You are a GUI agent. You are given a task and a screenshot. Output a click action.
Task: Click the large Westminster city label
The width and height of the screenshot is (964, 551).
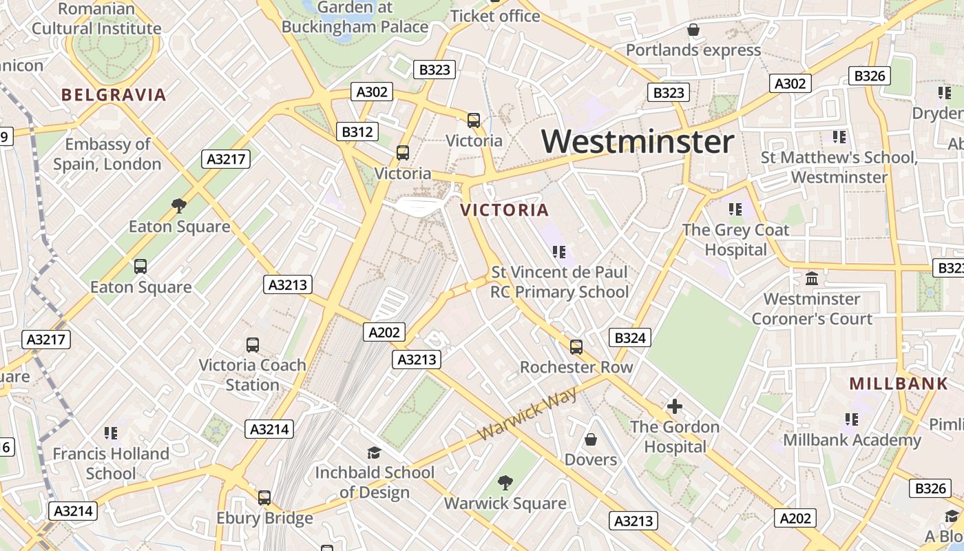(638, 142)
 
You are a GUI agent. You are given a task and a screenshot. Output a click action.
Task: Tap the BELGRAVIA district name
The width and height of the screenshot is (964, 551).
(114, 95)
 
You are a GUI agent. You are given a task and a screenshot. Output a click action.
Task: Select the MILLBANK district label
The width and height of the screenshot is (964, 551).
(899, 384)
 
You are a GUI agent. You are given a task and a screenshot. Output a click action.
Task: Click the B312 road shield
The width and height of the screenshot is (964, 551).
(357, 132)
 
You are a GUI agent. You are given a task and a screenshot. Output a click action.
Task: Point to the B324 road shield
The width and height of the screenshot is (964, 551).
(629, 337)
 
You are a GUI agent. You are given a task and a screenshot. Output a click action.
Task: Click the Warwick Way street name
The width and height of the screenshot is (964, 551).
(528, 413)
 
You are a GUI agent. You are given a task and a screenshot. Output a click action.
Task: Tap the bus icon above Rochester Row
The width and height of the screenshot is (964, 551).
(576, 347)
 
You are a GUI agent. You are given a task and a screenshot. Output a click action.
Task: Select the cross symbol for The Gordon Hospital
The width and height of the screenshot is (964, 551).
(675, 406)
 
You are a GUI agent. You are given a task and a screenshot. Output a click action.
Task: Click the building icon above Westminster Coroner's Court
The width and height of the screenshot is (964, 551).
(812, 279)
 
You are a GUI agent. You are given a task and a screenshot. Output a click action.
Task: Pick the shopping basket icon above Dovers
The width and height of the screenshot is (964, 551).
(591, 439)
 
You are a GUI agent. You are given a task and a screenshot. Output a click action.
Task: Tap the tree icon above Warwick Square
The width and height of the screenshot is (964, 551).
(505, 482)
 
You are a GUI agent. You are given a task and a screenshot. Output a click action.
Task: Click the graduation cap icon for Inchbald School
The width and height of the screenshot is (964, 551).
(374, 453)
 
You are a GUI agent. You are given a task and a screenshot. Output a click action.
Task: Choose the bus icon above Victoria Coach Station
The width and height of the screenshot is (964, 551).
(253, 344)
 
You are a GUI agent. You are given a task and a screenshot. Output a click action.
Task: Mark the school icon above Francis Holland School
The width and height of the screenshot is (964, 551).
(111, 433)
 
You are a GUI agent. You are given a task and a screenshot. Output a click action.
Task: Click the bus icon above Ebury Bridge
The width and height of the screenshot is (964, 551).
(264, 497)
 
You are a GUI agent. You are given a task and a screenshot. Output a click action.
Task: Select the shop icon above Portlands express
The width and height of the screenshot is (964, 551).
(693, 30)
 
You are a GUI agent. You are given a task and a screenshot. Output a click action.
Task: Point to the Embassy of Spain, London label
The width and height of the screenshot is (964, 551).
(107, 154)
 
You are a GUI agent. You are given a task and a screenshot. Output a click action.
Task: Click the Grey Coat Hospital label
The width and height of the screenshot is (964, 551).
(735, 239)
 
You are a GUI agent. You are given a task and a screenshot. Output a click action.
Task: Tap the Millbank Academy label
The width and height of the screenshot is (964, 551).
(852, 439)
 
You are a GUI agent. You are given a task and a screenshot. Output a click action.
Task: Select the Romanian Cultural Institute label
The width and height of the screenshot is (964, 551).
(96, 19)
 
